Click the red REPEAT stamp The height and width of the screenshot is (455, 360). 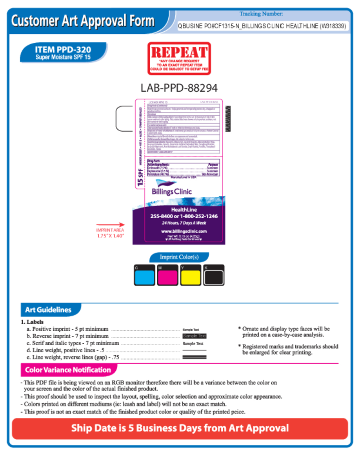tap(179, 58)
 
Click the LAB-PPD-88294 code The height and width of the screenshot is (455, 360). tap(179, 87)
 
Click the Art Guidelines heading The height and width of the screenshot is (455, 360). tap(49, 310)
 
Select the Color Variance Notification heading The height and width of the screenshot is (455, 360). tap(68, 370)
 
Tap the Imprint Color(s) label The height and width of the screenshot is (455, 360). tap(179, 257)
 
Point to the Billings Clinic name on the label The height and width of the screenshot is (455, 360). tap(172, 192)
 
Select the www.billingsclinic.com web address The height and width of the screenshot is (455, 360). tap(184, 231)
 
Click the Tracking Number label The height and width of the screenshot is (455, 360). tap(261, 14)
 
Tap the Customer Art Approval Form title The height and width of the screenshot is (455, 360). tap(83, 21)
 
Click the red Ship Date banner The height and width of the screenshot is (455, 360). tap(180, 428)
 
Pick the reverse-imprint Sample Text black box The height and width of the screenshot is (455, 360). tap(194, 336)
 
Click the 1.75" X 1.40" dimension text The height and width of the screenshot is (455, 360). tap(110, 236)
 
